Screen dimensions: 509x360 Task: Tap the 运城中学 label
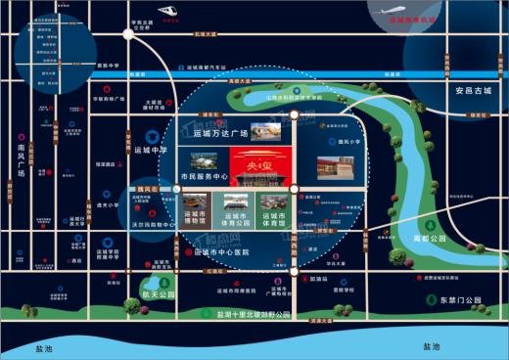pos(152,151)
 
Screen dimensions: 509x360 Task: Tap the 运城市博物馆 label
pos(200,216)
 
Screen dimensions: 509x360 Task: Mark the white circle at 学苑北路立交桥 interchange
pos(128,35)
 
